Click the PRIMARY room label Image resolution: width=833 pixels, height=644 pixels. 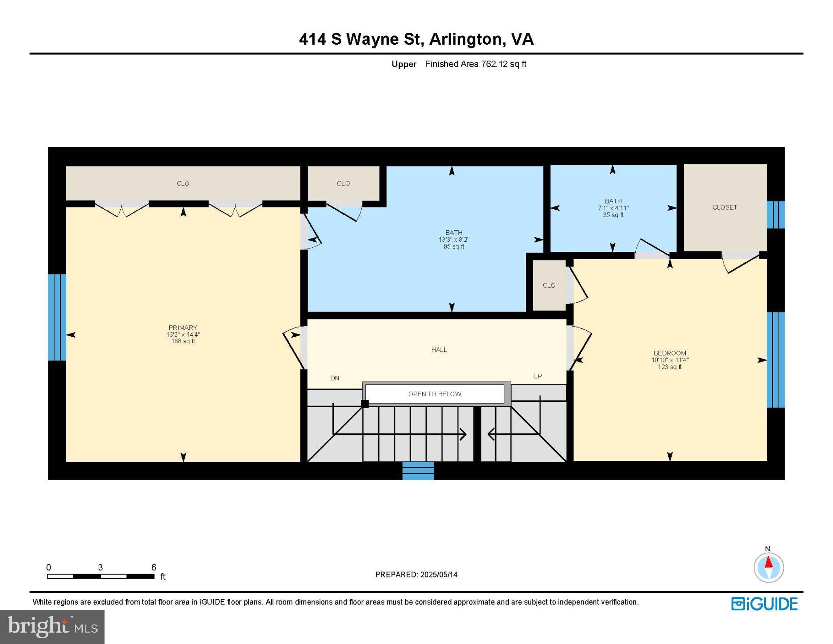pos(183,327)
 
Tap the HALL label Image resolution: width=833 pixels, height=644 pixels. pos(439,349)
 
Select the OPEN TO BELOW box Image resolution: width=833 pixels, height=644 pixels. pos(435,394)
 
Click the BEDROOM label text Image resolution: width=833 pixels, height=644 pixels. pos(669,353)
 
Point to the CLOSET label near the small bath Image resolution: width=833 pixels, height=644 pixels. pos(724,207)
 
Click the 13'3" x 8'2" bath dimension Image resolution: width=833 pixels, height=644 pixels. pos(454,240)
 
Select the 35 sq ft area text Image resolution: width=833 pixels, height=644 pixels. pos(613,215)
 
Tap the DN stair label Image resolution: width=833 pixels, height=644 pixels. pos(335,378)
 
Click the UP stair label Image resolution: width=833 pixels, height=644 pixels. pos(537,376)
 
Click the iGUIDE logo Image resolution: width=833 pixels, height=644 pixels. pos(764,604)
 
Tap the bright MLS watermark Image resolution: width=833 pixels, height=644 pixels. pos(52,627)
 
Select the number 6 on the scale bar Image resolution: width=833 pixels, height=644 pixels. pos(154,567)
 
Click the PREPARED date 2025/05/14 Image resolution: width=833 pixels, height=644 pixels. pos(438,574)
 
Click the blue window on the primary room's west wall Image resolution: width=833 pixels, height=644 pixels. pos(57,317)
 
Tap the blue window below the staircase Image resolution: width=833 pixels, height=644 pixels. pos(418,471)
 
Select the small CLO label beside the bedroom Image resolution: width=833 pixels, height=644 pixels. pos(549,285)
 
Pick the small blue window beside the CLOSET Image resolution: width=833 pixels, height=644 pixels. pos(775,214)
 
